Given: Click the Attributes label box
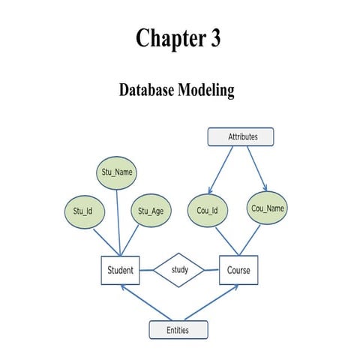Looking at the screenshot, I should point(240,137).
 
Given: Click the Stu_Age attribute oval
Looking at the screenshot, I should point(151,211).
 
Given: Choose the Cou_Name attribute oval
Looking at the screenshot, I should point(268,208).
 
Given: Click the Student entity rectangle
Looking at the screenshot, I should point(120,271).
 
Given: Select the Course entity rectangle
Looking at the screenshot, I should point(238,271).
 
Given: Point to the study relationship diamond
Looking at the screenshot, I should point(179,270).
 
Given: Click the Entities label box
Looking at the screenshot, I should point(178,329).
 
